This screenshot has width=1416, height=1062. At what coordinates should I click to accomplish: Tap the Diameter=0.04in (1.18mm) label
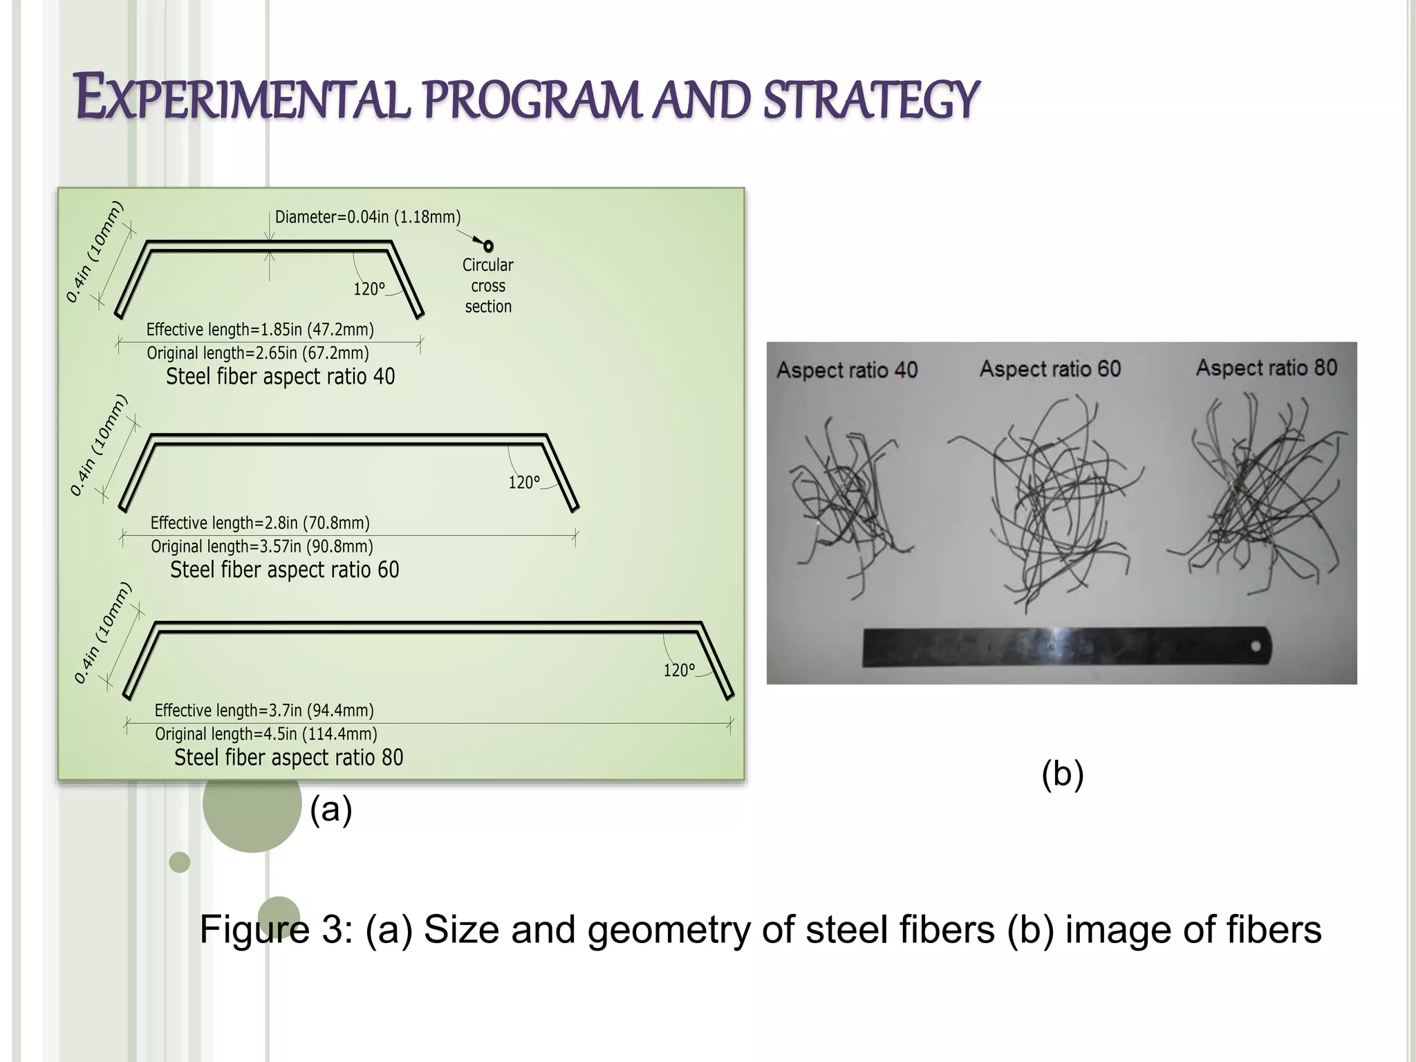click(x=368, y=217)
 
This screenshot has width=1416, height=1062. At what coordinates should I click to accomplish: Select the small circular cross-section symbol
click(x=488, y=246)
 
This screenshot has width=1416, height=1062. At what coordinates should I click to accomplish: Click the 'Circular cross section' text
click(x=488, y=286)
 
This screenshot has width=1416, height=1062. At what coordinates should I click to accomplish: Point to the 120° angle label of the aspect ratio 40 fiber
click(x=369, y=289)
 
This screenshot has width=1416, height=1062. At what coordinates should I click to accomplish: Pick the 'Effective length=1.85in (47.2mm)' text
click(x=260, y=329)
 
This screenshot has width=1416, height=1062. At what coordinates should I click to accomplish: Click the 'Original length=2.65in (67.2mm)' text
click(x=258, y=353)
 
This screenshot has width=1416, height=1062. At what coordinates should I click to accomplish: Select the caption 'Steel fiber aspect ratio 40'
click(x=280, y=377)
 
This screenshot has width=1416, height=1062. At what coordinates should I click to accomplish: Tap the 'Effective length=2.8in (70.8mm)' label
click(x=260, y=523)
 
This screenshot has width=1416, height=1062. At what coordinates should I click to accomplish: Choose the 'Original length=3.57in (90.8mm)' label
click(x=262, y=547)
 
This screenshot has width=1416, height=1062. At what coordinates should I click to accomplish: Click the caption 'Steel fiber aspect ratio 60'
click(x=284, y=570)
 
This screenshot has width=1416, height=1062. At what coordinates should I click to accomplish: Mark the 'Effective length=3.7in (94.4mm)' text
click(x=264, y=711)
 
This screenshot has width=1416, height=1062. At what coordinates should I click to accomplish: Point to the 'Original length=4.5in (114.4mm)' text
click(x=266, y=734)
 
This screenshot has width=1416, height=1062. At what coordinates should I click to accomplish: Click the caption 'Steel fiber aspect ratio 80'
click(x=288, y=758)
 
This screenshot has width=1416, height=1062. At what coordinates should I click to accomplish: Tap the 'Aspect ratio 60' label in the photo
click(x=1050, y=369)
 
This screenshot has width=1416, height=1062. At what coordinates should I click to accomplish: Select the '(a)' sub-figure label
click(x=330, y=809)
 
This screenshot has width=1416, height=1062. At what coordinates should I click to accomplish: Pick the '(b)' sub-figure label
click(x=1062, y=774)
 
